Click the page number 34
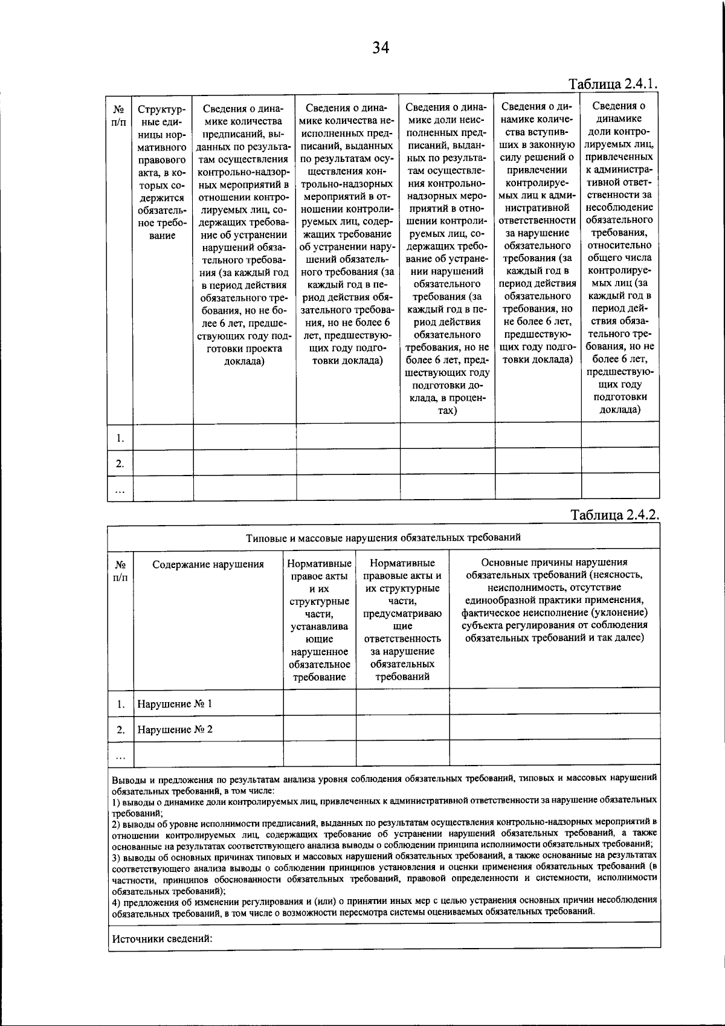point(381,48)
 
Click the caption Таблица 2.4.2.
point(614,515)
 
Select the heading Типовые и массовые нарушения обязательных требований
point(383,537)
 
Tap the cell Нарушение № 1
point(175,704)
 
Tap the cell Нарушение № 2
point(175,729)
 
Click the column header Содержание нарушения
point(208,564)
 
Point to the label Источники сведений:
point(163,938)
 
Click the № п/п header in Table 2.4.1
point(119,116)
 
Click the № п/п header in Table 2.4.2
point(120,571)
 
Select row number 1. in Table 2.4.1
point(120,438)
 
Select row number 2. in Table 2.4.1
point(120,463)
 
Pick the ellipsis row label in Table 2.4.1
point(120,491)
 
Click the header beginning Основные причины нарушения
point(554,599)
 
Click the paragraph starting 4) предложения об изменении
point(384,906)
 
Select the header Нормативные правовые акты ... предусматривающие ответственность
point(402,619)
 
